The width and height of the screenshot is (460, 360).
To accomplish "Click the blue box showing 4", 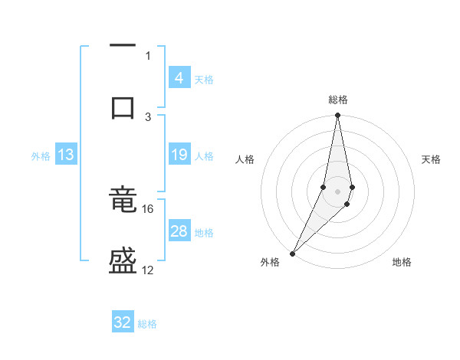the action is (179, 77).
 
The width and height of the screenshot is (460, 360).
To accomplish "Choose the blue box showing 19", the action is (179, 155).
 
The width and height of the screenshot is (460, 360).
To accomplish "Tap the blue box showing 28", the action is (179, 231).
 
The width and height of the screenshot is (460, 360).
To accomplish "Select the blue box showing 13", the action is (66, 155).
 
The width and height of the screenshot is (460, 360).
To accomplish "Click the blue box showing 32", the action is (123, 322).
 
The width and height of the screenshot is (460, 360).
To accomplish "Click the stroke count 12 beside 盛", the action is (148, 270).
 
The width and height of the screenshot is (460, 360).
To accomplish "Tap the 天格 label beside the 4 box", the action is (204, 79).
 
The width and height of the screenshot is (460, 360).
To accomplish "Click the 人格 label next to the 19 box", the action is (204, 156).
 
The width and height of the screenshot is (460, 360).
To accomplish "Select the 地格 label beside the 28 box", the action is (204, 233).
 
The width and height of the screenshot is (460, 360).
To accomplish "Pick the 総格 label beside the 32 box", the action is (147, 324).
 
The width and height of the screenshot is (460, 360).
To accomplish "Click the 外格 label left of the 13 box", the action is (41, 156).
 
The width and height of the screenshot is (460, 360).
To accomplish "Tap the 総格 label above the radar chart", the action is (338, 100).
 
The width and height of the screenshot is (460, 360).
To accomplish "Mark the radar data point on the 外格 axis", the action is (292, 254).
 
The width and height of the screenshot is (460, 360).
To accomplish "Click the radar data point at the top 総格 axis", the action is (337, 116).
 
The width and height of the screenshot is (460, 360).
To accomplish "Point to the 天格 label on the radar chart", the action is (432, 159).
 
